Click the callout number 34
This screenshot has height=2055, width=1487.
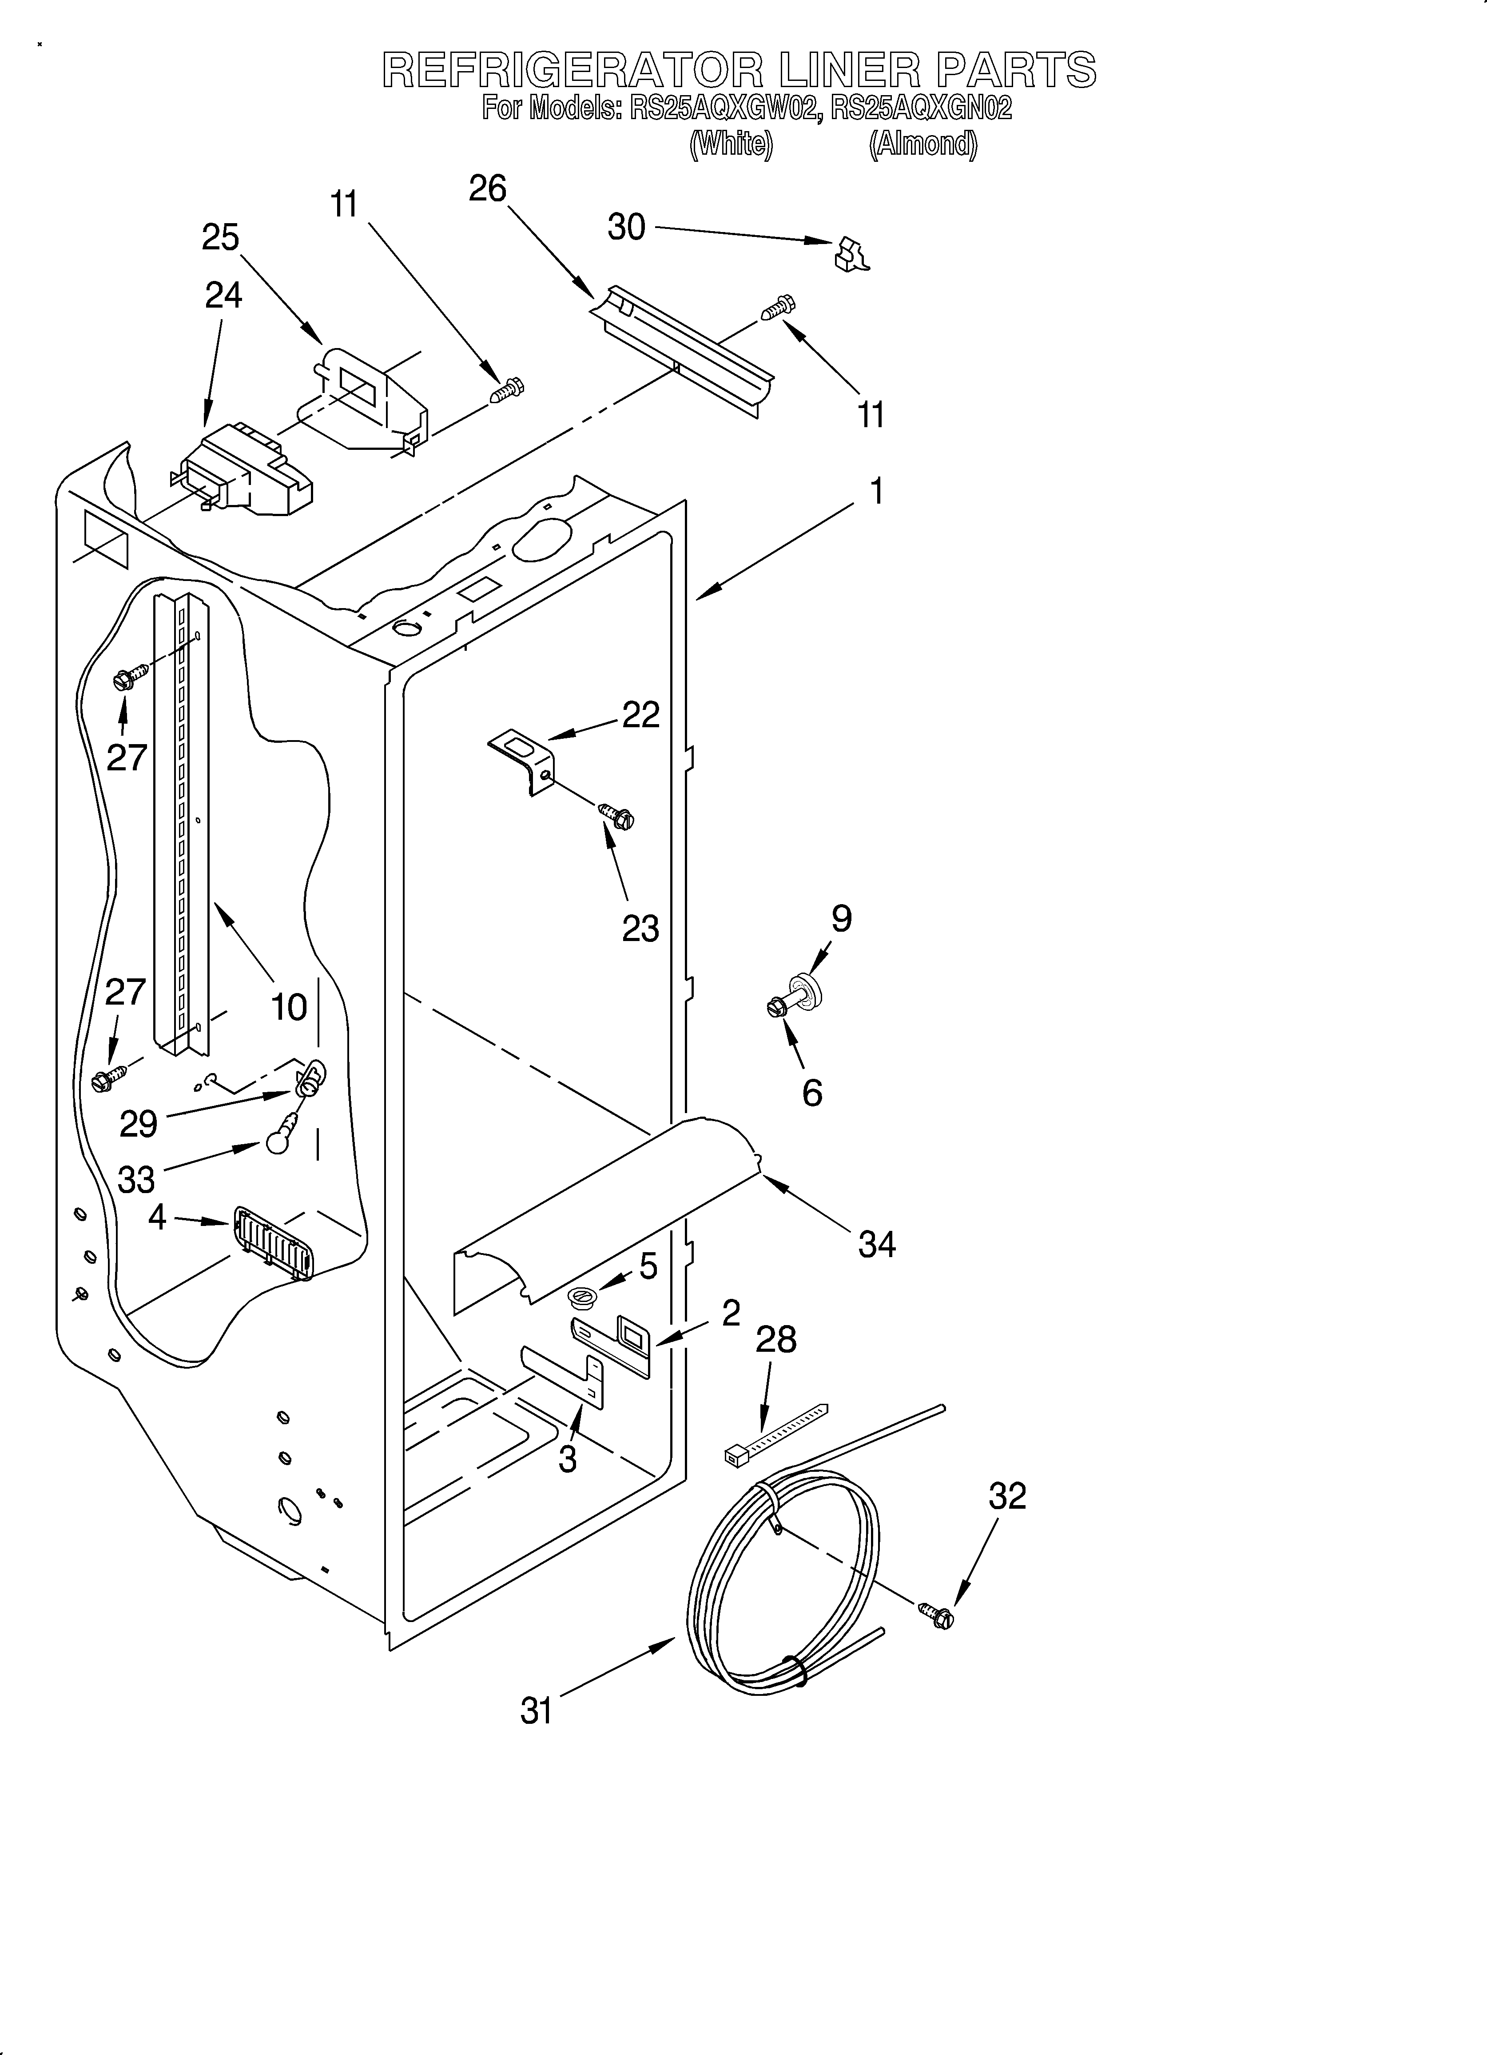pos(877,1245)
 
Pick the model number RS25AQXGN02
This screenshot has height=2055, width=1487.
pos(921,109)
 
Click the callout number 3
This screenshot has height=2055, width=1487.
pos(567,1460)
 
